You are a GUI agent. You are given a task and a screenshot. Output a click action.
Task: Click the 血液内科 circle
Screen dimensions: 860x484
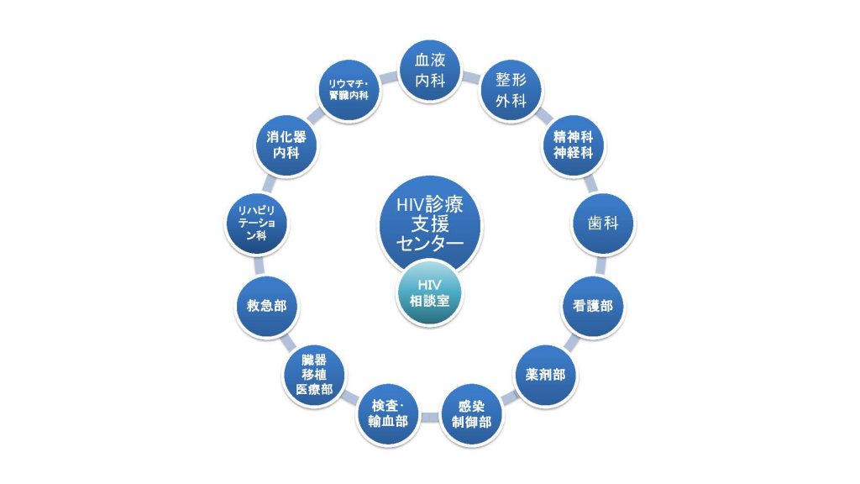430,71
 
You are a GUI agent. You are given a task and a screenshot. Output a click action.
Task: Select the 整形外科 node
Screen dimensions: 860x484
511,91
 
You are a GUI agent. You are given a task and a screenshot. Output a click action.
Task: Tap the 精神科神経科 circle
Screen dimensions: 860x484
573,145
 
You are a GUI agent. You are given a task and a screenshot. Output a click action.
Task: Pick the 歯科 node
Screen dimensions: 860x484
603,224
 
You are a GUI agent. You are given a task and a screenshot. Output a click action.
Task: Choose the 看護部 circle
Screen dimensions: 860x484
593,306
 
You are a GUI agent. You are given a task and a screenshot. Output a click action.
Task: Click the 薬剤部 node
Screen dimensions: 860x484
545,376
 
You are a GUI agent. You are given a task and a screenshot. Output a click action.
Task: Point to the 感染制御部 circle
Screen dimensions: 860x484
472,414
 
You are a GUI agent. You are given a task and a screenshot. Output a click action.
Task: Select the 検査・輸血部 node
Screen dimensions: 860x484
389,414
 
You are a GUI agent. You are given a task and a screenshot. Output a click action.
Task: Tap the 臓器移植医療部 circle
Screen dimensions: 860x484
315,376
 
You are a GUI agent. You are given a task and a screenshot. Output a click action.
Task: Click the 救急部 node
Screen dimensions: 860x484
267,306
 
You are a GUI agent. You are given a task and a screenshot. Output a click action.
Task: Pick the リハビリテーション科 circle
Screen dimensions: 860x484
257,224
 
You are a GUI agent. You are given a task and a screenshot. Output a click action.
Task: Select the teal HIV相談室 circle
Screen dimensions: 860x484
430,293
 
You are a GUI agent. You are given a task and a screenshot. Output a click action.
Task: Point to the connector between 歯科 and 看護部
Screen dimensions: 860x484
600,266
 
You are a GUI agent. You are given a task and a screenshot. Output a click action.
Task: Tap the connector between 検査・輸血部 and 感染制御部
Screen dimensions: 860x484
431,417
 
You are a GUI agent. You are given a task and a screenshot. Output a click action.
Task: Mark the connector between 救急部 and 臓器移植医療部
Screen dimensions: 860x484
288,343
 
